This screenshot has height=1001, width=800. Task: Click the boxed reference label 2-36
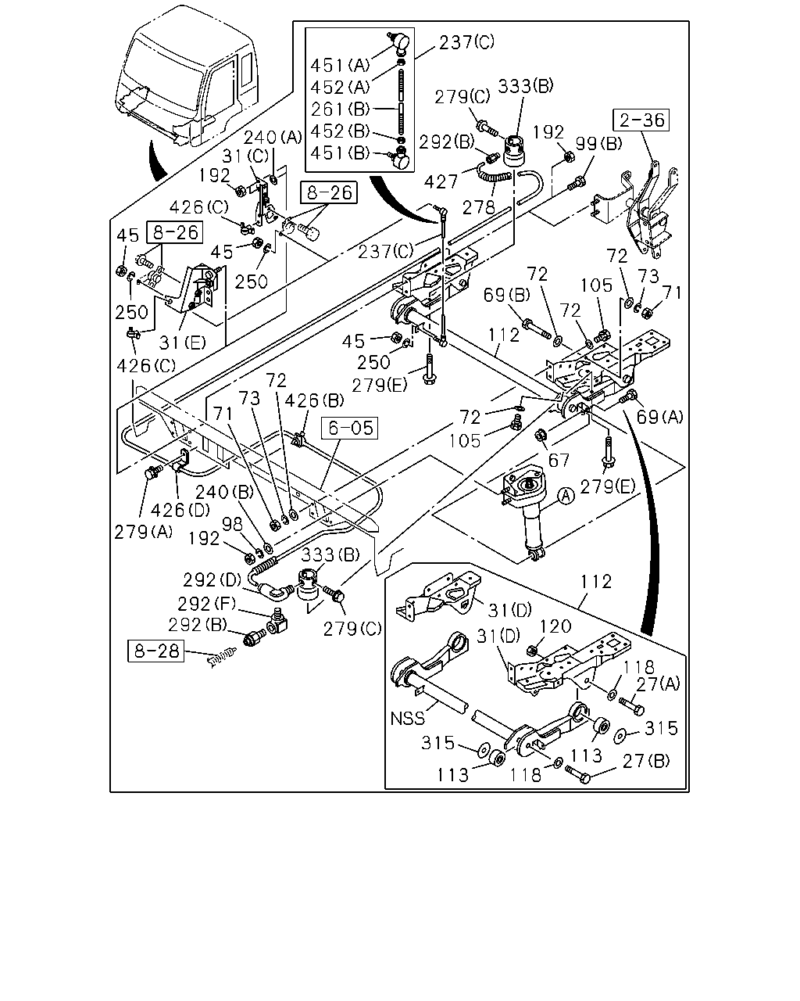641,120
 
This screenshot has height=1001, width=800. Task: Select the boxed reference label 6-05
350,428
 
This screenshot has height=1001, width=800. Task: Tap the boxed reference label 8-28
155,651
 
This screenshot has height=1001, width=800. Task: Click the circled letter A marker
566,497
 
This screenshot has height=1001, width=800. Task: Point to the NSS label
407,719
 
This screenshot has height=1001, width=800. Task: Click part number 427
440,181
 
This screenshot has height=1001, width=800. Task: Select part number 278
478,207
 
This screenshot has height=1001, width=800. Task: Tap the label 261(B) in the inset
341,109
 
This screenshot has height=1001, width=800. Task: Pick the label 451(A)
340,65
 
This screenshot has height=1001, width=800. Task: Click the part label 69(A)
659,418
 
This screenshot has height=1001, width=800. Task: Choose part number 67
559,460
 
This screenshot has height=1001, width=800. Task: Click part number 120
555,626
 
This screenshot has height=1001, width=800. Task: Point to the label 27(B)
646,761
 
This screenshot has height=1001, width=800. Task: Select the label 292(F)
207,605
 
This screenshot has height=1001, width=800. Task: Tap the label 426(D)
180,510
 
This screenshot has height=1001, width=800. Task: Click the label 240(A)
273,137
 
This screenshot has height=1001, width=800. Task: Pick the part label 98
232,524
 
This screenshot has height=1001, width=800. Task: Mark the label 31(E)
182,343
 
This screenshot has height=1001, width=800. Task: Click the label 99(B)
598,144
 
